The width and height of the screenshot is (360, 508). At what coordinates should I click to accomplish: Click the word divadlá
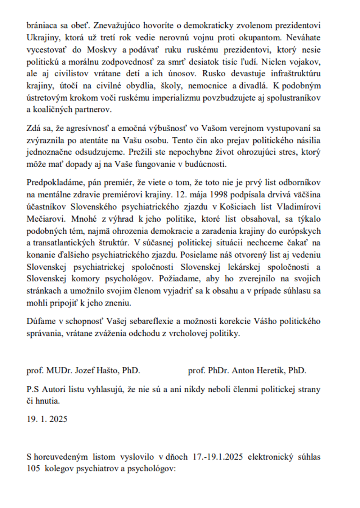click(x=254, y=86)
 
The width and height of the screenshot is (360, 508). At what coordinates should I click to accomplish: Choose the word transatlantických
click(x=64, y=243)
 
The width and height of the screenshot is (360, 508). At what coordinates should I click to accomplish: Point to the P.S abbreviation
click(x=33, y=389)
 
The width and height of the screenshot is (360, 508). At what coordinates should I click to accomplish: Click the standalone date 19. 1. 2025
click(x=47, y=419)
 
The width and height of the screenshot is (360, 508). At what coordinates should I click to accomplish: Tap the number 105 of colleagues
click(x=33, y=469)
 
